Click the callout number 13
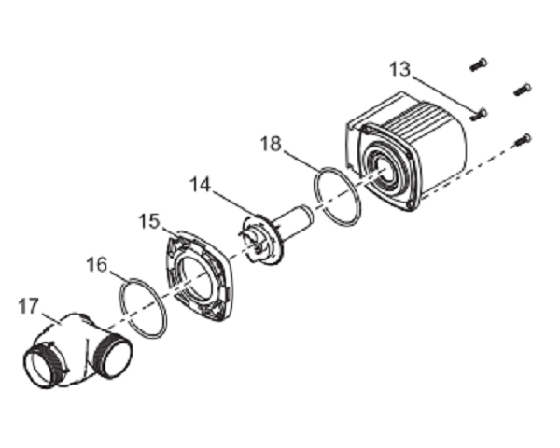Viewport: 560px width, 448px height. pos(400,70)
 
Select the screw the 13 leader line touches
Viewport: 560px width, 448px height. pos(478,115)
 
